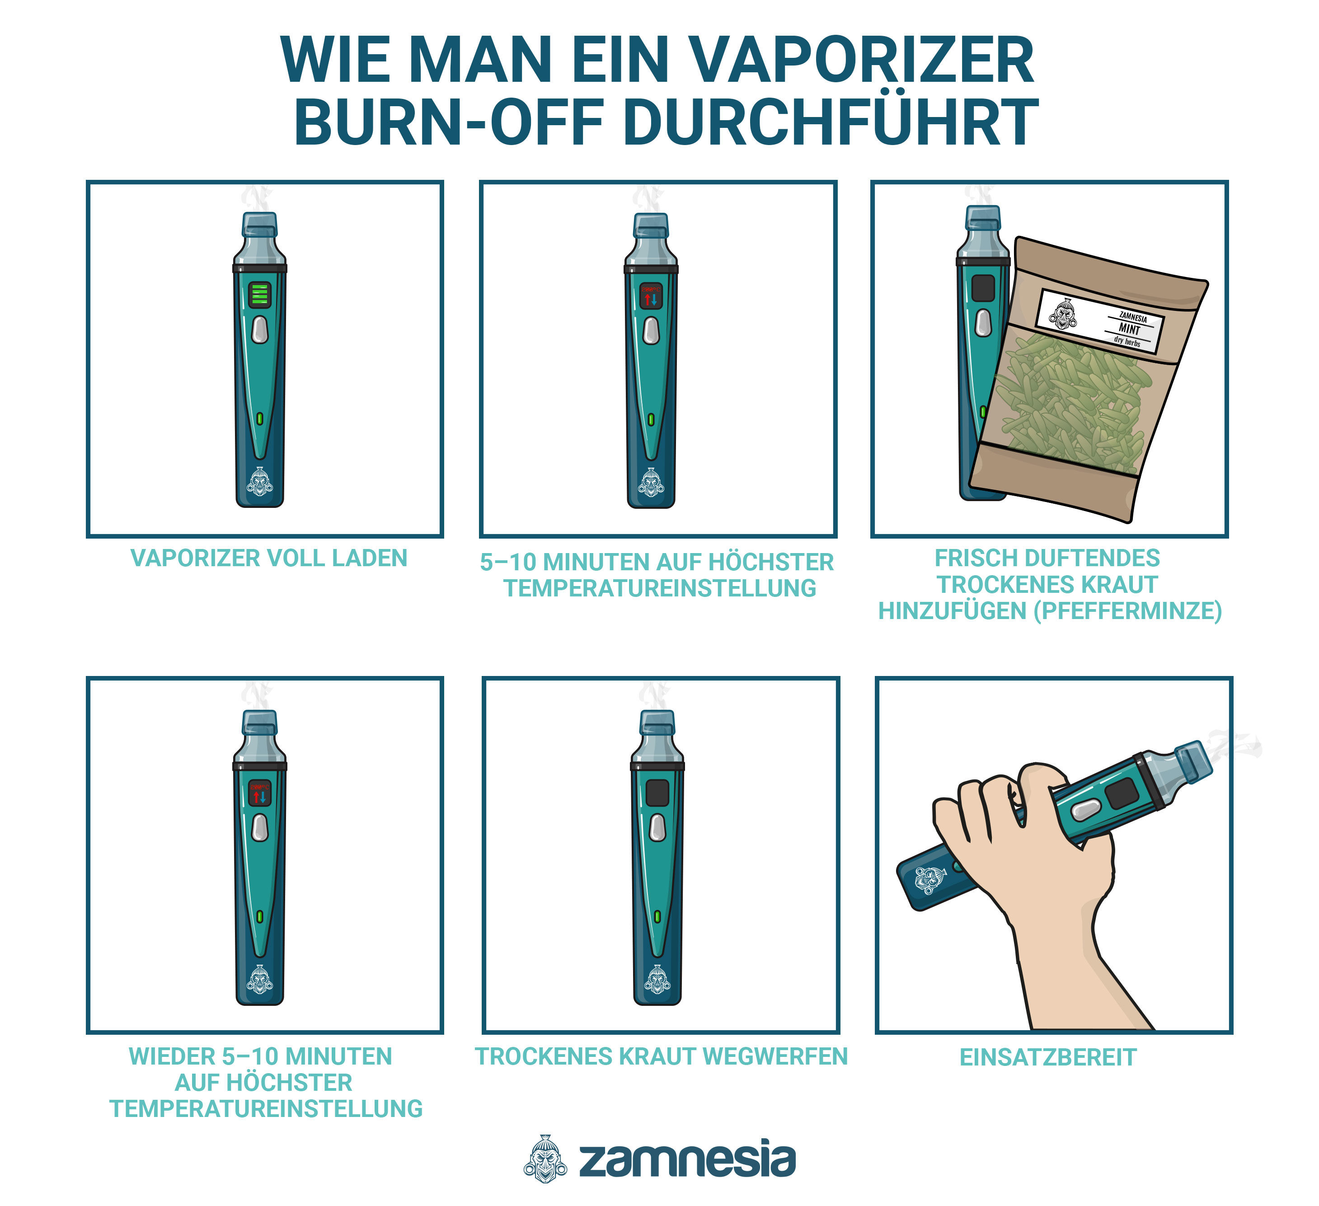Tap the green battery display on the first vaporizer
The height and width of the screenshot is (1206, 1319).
(x=260, y=295)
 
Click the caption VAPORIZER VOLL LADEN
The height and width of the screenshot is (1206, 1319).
(x=269, y=558)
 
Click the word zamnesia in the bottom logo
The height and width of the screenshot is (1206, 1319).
(x=687, y=1160)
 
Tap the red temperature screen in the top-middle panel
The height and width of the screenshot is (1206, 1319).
(x=651, y=295)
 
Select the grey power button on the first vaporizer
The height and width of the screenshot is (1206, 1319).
(x=260, y=329)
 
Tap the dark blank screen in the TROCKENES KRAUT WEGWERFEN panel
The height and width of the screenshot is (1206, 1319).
(x=657, y=793)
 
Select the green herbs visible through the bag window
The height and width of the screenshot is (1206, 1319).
(x=1073, y=399)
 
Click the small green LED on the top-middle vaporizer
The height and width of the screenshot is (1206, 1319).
(x=651, y=419)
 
